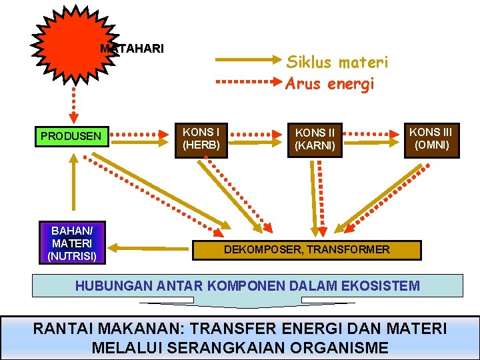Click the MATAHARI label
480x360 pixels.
coord(132,49)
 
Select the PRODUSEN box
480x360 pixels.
coord(71,136)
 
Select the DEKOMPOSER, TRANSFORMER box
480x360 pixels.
coord(307,250)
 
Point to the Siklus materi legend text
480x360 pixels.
coord(337,63)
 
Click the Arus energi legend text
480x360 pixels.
coord(330,84)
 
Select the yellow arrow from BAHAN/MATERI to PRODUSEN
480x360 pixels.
coord(74,187)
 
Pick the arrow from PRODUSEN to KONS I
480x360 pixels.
coord(140,136)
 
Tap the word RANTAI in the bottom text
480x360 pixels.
coord(64,328)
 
